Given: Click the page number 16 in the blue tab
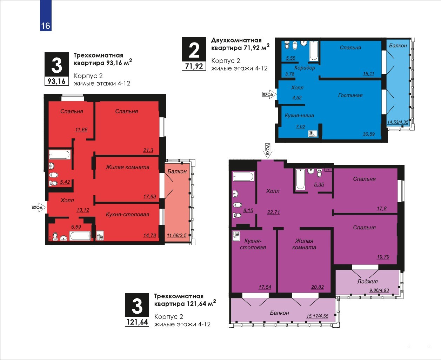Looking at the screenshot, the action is coord(46,26).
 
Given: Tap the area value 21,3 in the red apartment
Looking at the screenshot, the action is coord(148,150).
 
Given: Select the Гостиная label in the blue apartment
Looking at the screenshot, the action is coord(350,96).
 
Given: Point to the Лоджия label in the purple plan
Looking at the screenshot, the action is coord(367,281).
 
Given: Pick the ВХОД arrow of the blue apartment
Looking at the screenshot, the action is coord(269,94).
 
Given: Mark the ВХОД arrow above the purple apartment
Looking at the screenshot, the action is coord(268,151).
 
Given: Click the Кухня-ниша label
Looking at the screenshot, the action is coord(299,116).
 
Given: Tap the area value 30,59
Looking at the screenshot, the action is coord(369,134).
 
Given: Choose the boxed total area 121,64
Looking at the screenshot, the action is coord(137,322).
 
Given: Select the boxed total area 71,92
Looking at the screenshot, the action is coord(194,66).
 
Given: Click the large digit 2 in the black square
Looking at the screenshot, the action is coord(194,50).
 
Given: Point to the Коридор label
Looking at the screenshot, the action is coord(305,67).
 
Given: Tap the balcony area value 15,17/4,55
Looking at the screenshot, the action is coord(317,316).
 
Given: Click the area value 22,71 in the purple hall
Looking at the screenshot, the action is coord(274,212).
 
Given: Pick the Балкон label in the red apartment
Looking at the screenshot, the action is coord(177,171).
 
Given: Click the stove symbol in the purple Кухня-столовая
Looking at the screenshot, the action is coord(236,236).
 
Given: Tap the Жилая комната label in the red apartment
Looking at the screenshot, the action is coord(128,167).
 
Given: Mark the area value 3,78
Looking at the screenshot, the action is coord(289,74).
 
